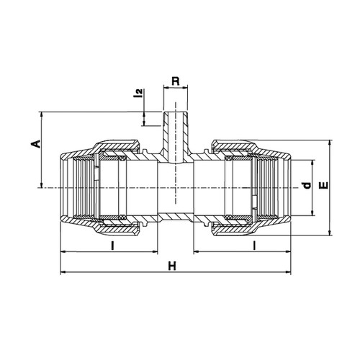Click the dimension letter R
[x=176, y=81]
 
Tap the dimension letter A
[x=36, y=144]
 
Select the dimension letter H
[x=172, y=266]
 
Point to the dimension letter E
[x=324, y=185]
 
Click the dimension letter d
[x=307, y=185]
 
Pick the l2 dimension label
[x=138, y=93]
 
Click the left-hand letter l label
[x=112, y=246]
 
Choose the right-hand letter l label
[x=254, y=246]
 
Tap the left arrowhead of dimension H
[x=63, y=272]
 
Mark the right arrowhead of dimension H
[x=288, y=272]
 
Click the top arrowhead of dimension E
[x=330, y=143]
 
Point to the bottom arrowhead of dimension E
[x=330, y=233]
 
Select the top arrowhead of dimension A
[x=42, y=114]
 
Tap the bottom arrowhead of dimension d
[x=312, y=213]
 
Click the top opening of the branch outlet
[x=176, y=112]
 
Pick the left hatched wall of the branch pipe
[x=165, y=135]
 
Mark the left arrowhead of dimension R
[x=166, y=88]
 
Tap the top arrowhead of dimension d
[x=312, y=163]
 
